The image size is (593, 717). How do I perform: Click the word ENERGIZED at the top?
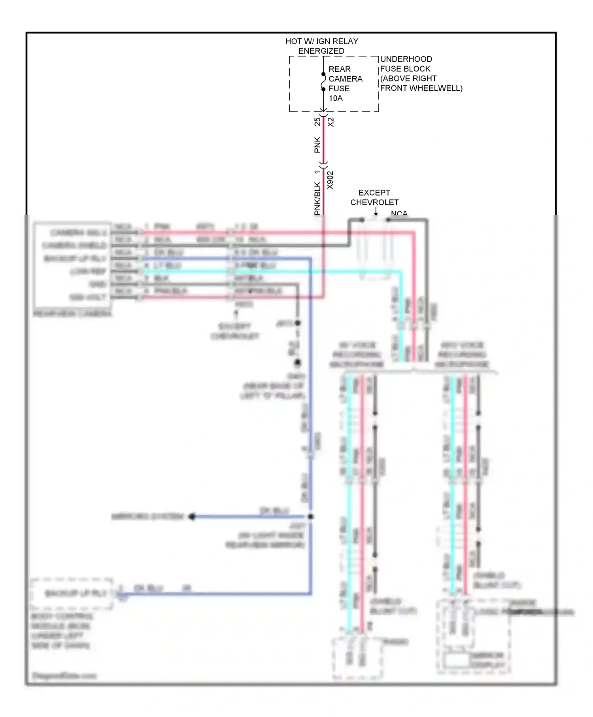(x=321, y=51)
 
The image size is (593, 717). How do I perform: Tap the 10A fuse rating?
(x=336, y=98)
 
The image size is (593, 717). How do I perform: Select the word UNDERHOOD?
(x=406, y=59)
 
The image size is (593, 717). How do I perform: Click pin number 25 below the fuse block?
(x=317, y=122)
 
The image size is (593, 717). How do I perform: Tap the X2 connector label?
(x=331, y=122)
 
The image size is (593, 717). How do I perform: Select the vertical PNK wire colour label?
(x=317, y=145)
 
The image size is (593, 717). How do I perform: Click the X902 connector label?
(x=330, y=180)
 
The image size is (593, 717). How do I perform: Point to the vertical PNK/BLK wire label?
(x=317, y=198)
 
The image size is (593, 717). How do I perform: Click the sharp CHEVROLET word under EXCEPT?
(x=374, y=202)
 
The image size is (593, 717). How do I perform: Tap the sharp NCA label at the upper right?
(x=399, y=213)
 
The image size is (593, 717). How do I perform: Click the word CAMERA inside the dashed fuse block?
(x=345, y=79)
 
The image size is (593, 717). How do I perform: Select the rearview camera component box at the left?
(x=72, y=265)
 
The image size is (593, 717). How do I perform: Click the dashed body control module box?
(x=71, y=594)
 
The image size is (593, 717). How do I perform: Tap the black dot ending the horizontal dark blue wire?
(x=192, y=517)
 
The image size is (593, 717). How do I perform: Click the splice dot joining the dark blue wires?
(x=311, y=517)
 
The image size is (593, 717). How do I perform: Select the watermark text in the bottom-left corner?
(x=64, y=675)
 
